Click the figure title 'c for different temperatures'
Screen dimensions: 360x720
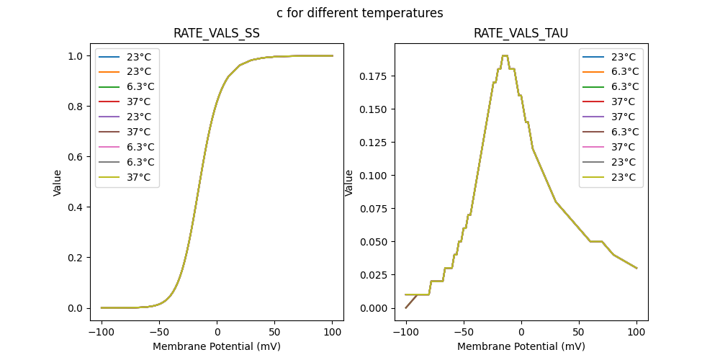point(359,13)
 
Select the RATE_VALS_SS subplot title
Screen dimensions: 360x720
point(217,34)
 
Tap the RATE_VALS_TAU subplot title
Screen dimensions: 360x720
point(521,34)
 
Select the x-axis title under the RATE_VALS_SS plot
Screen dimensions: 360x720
point(217,346)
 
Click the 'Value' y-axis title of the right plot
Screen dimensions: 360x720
point(349,183)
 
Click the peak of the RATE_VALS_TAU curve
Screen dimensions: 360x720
point(505,55)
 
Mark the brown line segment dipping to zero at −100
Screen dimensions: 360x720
point(410,302)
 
